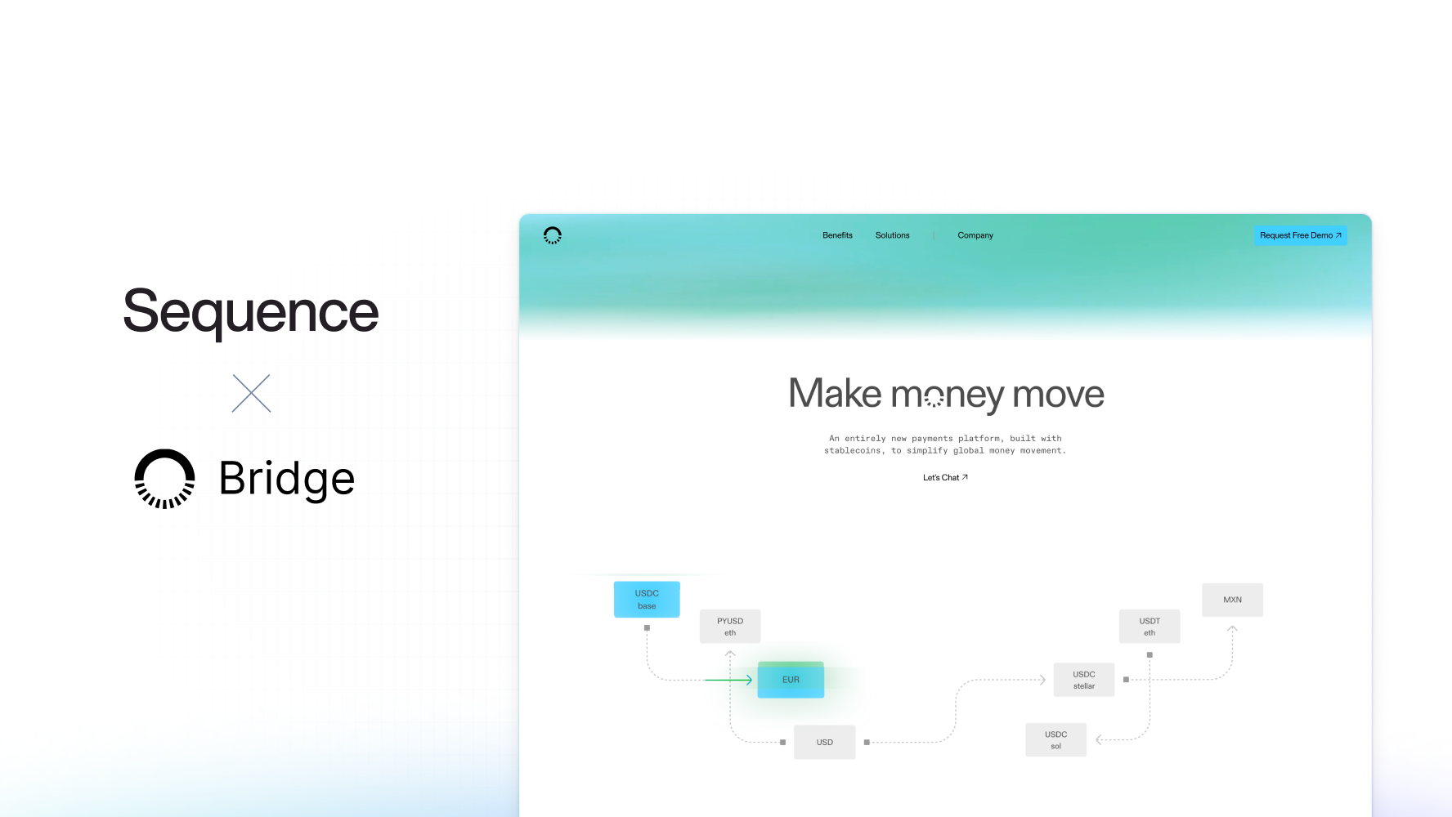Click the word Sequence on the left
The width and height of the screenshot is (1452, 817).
pos(250,311)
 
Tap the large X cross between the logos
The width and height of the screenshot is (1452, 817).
pos(251,393)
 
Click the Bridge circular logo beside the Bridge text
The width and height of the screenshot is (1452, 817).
pos(164,479)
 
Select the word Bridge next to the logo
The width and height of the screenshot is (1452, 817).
pos(287,479)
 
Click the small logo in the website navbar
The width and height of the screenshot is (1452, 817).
pos(553,235)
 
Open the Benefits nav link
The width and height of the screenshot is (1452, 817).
pos(837,235)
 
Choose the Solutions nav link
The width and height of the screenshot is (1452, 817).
pos(892,235)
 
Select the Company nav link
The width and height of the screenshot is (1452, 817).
pos(975,235)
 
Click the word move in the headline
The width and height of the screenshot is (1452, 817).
pos(1058,394)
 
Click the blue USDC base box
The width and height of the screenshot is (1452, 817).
pos(647,599)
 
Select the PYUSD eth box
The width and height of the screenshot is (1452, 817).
pos(730,626)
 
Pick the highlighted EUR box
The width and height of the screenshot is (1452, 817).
pos(791,680)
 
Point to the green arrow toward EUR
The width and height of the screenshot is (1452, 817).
pos(728,680)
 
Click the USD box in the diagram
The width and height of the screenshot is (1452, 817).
pos(824,742)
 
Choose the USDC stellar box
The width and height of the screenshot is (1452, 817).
pos(1084,680)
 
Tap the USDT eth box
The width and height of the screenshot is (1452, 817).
pos(1149,626)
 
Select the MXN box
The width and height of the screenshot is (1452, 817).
pos(1232,600)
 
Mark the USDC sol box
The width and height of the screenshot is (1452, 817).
pos(1055,739)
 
